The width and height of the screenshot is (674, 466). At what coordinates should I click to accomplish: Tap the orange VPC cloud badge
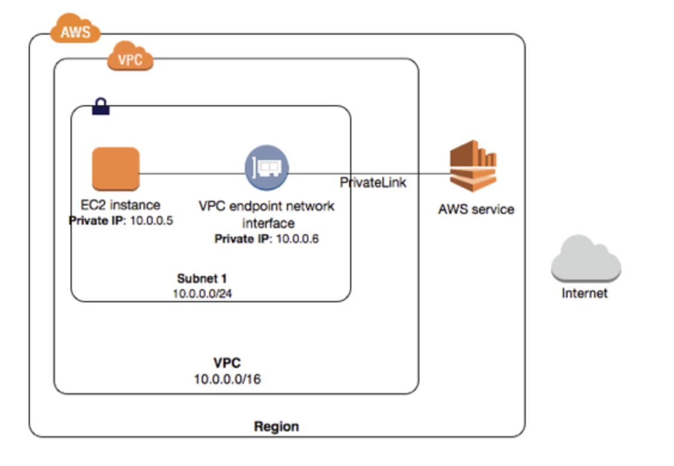(x=130, y=58)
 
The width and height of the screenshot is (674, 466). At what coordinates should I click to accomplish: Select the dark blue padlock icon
(x=100, y=107)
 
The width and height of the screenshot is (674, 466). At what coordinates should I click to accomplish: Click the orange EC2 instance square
(x=115, y=169)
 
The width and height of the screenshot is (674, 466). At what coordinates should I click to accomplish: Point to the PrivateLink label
(x=373, y=183)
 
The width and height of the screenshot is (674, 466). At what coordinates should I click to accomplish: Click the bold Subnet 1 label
(x=202, y=278)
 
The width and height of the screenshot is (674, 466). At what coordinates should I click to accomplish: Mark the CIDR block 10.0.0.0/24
(x=203, y=293)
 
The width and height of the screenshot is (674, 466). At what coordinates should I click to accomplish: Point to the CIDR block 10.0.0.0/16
(x=227, y=378)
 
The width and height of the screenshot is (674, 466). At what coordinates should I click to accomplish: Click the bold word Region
(x=276, y=427)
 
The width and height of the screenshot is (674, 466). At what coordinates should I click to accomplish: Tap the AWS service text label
(x=476, y=210)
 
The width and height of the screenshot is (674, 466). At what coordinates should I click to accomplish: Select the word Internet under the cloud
(x=584, y=293)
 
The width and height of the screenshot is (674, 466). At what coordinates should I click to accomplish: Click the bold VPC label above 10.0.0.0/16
(x=227, y=363)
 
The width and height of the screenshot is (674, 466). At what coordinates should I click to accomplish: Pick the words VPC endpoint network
(x=266, y=206)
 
